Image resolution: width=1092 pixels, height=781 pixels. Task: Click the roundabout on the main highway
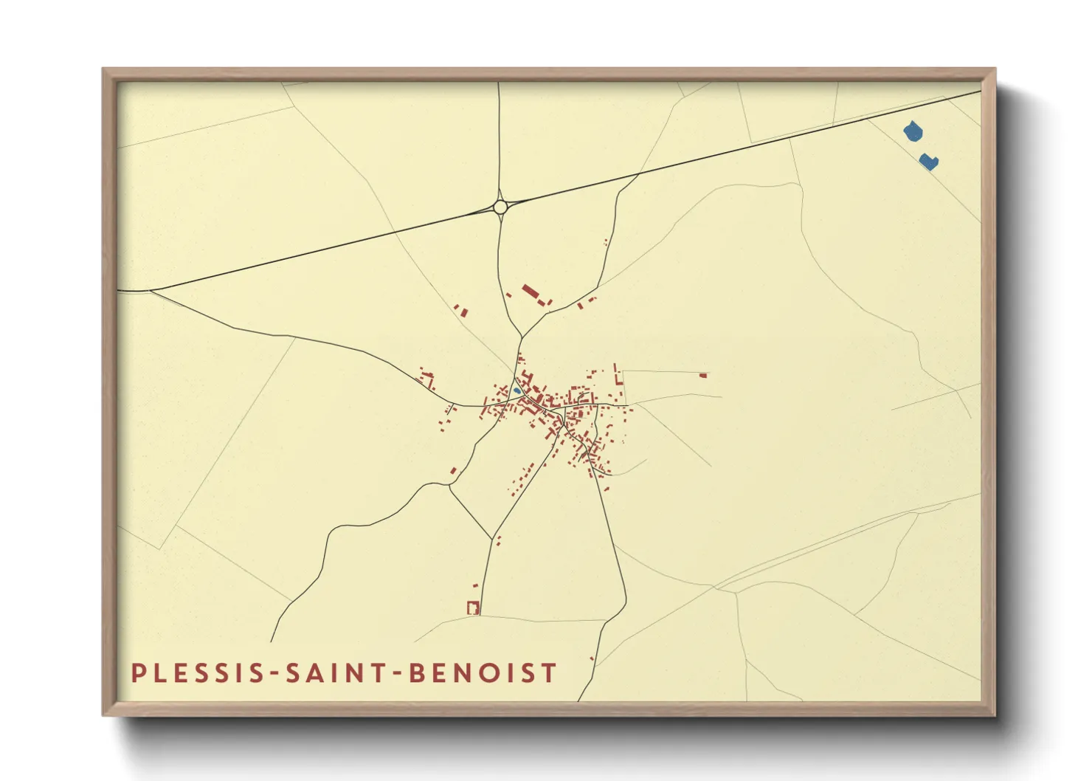tap(500, 207)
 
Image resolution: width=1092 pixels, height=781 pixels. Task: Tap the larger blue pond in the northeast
tap(913, 132)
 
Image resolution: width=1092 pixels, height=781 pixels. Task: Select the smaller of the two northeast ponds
tap(928, 162)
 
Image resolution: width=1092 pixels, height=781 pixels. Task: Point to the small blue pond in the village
tap(517, 390)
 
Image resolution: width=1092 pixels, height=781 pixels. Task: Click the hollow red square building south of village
tap(474, 608)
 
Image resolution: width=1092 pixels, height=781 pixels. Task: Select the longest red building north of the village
tap(530, 292)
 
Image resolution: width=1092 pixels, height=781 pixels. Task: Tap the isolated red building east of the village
tap(703, 376)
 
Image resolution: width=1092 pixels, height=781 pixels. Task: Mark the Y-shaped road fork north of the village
tap(521, 337)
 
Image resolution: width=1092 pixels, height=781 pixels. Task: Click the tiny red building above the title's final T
tap(591, 658)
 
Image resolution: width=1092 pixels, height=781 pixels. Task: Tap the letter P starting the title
tap(137, 673)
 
